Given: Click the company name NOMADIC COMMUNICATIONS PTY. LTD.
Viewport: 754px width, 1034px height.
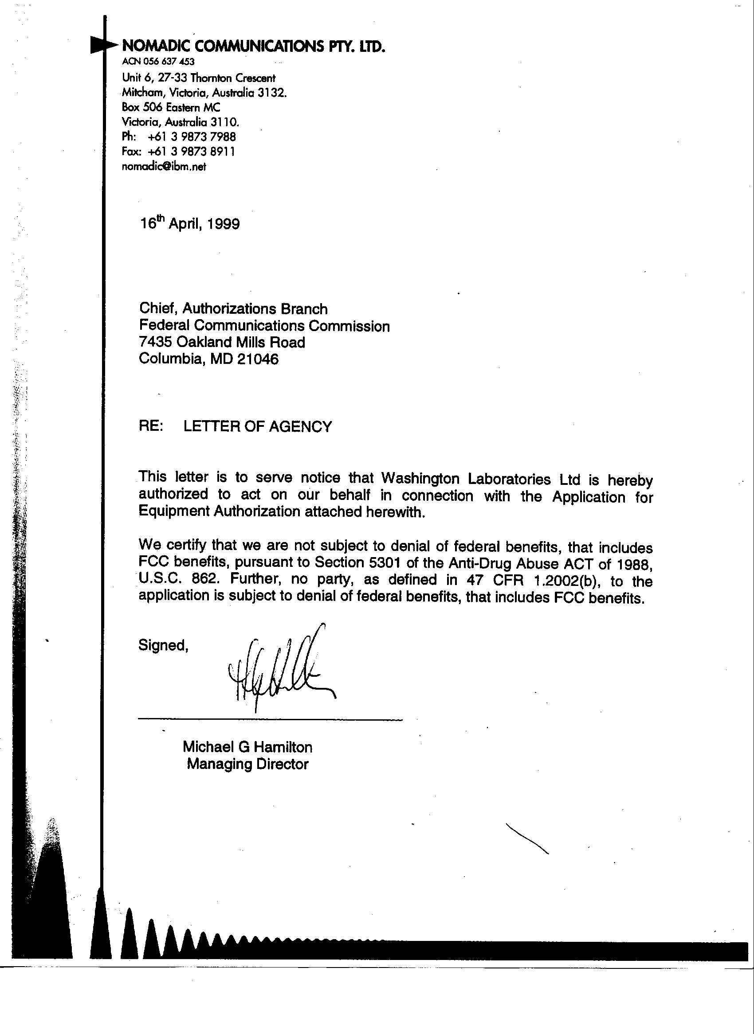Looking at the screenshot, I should coord(254,46).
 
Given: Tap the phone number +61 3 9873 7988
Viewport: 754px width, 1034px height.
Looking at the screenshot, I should coord(192,137).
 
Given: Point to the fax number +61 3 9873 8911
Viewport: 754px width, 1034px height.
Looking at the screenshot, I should coord(191,152).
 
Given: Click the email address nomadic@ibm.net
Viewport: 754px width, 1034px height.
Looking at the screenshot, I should coord(164,167).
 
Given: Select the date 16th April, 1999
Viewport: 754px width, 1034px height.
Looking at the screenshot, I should coord(189,223).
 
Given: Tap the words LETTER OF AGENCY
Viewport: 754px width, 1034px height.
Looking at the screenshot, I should coord(257,426).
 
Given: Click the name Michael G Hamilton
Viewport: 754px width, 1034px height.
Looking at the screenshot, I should coord(247,747).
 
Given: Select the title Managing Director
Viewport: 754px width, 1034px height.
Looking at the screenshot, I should coord(247,764).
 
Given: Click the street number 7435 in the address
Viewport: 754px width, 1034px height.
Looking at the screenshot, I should coord(156,342).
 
